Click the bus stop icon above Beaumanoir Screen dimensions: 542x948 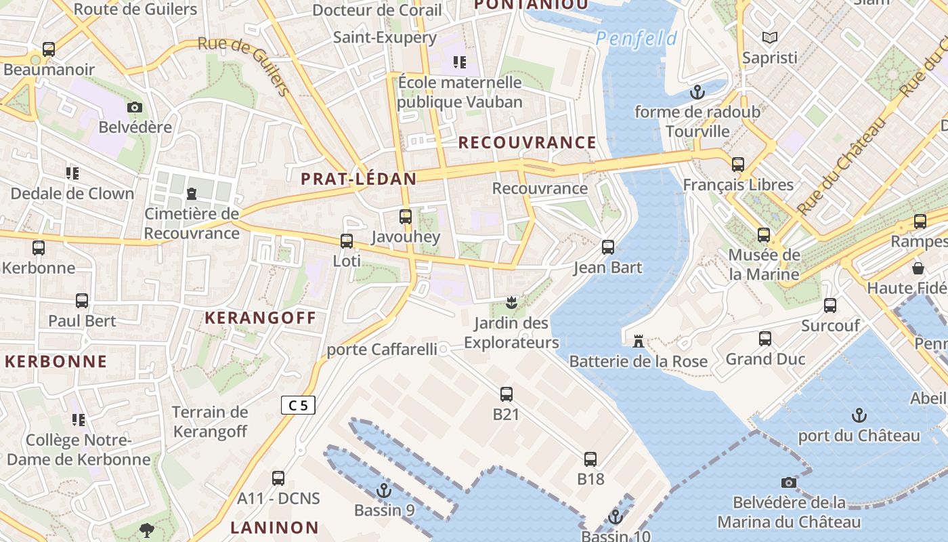49,49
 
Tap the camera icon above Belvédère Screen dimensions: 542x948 135,107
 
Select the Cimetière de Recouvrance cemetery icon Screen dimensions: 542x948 191,194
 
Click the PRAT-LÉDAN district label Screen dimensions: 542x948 358,179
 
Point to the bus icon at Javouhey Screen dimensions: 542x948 406,217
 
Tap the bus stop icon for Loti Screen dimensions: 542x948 347,241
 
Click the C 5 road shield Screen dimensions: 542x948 298,405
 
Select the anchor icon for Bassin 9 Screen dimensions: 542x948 384,490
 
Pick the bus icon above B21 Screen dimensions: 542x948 506,394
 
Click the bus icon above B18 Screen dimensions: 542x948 590,459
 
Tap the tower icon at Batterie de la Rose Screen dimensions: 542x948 638,341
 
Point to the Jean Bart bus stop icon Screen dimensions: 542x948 608,247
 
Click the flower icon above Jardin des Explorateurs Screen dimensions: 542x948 511,302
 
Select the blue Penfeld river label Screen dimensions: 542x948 636,39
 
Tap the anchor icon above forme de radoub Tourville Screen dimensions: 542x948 697,91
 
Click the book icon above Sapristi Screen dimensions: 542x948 770,38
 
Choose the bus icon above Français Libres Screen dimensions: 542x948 738,165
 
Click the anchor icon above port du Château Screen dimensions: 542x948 859,415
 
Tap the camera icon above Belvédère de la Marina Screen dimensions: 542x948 788,482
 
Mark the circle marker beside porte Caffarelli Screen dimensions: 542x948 444,349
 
